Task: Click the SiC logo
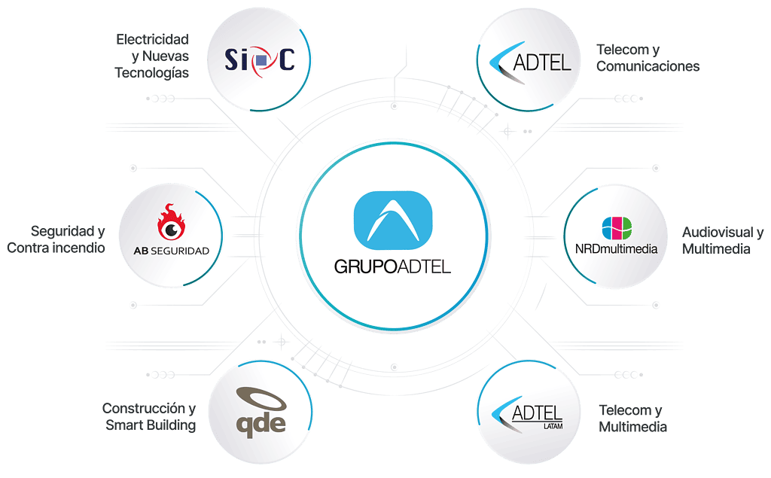tap(260, 60)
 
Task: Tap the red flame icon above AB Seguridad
tap(171, 222)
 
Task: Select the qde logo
tap(261, 412)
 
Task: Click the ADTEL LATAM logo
tap(527, 415)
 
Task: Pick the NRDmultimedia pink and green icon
tap(617, 228)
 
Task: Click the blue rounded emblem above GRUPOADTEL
tap(393, 221)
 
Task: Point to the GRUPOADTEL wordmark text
tap(392, 267)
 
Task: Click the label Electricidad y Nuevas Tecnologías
tap(152, 56)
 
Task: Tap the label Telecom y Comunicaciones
tap(648, 58)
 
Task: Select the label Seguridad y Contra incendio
tap(56, 239)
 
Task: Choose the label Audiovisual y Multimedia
tap(723, 240)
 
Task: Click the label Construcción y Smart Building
tap(149, 416)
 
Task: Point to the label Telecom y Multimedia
tap(632, 419)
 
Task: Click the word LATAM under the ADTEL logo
tap(553, 426)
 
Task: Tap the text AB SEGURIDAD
tap(171, 251)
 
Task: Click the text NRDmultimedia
tap(616, 249)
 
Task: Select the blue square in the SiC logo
tap(261, 60)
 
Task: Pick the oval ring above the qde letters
tap(261, 399)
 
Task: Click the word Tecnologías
tap(152, 73)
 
